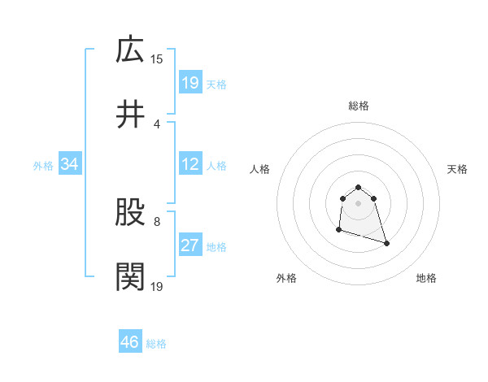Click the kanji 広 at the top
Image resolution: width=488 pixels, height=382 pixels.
(130, 50)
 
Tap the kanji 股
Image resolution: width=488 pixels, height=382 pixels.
(130, 213)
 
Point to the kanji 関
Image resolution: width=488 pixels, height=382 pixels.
(130, 277)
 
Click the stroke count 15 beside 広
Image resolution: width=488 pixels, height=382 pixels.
(157, 59)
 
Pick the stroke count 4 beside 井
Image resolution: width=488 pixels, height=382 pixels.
(156, 124)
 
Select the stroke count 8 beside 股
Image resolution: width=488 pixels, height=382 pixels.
(156, 221)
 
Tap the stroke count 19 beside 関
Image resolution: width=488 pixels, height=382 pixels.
(157, 286)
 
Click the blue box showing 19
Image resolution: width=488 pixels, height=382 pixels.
(190, 82)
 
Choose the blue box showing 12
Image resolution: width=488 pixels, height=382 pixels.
(190, 164)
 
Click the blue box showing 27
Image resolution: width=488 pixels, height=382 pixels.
(190, 245)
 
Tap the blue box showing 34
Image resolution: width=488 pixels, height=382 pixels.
(70, 164)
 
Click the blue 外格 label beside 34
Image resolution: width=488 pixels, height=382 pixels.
(43, 165)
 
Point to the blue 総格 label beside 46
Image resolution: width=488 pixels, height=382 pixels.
(156, 344)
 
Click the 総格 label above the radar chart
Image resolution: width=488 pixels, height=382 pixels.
(359, 106)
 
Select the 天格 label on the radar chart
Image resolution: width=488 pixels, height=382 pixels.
(458, 169)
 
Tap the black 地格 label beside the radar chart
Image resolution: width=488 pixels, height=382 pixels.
(426, 278)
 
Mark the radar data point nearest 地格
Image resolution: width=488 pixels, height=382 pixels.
(386, 244)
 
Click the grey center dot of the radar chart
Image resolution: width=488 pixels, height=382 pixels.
(358, 202)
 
